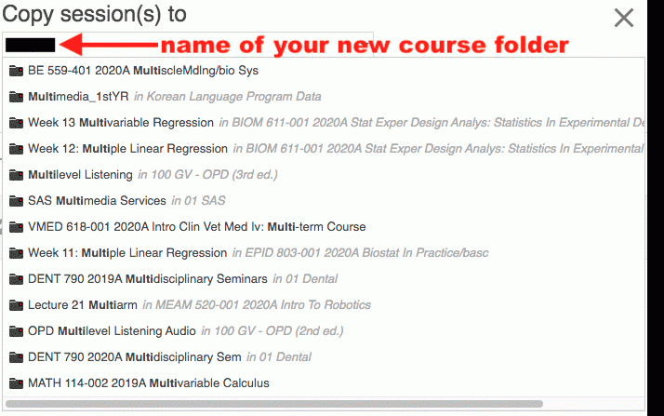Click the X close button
[x=624, y=18]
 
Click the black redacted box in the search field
[x=31, y=45]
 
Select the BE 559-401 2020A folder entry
[x=143, y=71]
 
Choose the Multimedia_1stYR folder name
[x=78, y=97]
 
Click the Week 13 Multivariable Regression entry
[x=121, y=123]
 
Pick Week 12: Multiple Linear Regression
[x=128, y=149]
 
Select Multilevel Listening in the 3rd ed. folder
[x=81, y=175]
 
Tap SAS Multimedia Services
[x=97, y=200]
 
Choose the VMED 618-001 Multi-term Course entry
[x=197, y=227]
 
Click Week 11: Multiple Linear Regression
[x=127, y=253]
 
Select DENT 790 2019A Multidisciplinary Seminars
[x=148, y=279]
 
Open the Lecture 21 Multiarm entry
[x=83, y=305]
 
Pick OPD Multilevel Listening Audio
[x=112, y=331]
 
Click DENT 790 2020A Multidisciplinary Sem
[x=135, y=357]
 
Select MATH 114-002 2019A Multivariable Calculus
[x=149, y=382]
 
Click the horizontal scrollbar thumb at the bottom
[x=274, y=404]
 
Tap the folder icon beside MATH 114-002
[x=16, y=383]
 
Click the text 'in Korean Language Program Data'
[x=228, y=97]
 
